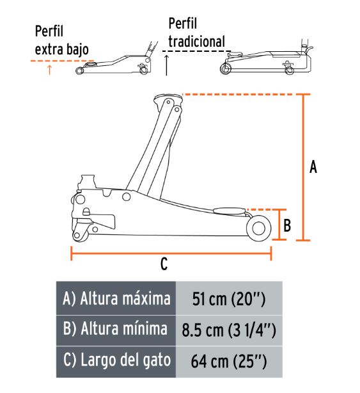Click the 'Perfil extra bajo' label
pos(61,40)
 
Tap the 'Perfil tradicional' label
pos(196,33)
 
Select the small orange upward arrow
pos(50,70)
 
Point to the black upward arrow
pos(166,65)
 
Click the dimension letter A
pos(313,166)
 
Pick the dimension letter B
pos(287,225)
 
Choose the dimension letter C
pos(164,264)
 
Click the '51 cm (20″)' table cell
pos(229,298)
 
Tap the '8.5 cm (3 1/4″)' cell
pos(229,330)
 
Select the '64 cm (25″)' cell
pos(229,362)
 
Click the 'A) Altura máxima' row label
pos(116,298)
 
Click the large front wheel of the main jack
pos(258,229)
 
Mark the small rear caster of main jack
pos(80,234)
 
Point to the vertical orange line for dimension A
pos(304,167)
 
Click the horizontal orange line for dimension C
pos(171,253)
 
